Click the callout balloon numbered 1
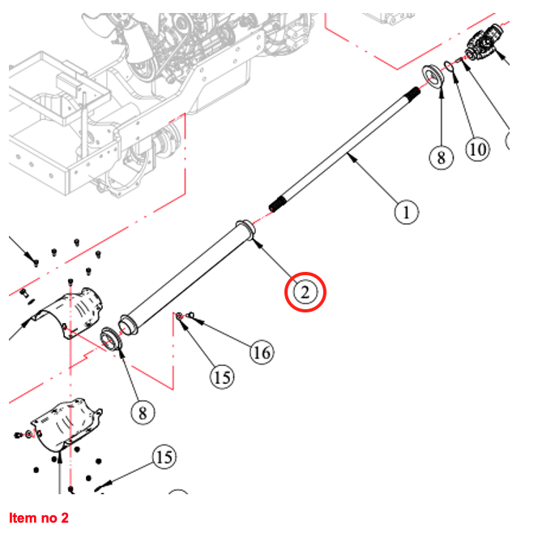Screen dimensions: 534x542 pos(406,213)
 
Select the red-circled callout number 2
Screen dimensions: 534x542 pos(305,291)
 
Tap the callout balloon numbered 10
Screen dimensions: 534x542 pos(478,149)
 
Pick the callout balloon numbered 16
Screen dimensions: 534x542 pos(261,352)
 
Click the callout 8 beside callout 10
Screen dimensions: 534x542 pos(441,157)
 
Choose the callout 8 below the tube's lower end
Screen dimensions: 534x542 pos(142,412)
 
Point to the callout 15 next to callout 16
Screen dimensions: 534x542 pos(222,377)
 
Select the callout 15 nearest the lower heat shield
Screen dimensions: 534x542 pos(164,458)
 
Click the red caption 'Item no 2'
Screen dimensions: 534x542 pos(39,518)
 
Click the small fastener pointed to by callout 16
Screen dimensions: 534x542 pos(186,315)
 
